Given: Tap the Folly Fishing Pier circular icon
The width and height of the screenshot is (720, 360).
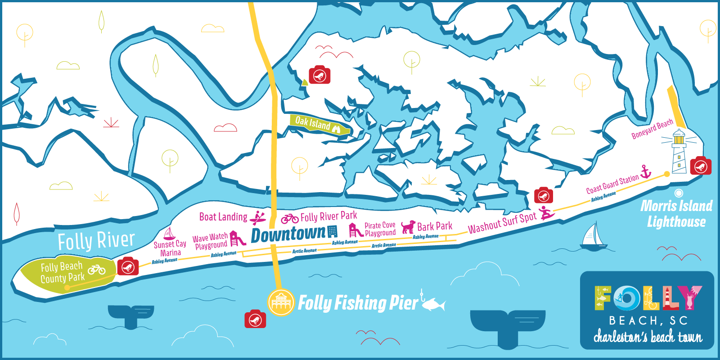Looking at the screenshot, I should pos(281,302).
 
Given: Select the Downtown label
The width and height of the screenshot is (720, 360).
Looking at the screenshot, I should pos(288,234).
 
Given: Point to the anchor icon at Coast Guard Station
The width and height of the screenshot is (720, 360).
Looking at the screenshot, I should pos(646,171).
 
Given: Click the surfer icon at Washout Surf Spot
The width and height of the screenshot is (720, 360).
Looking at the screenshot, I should pos(546,212).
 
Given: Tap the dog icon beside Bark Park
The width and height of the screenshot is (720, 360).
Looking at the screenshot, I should pos(408,226).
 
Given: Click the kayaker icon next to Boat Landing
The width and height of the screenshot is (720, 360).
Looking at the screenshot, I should pos(258,218).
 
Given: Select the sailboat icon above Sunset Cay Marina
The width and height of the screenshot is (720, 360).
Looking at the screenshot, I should pos(169,234).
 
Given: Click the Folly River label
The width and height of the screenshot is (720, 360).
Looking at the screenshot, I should pos(96,241).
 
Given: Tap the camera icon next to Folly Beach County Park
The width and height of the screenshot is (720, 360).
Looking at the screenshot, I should pos(128,267).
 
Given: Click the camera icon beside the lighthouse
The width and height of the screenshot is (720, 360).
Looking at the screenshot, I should pos(701,166).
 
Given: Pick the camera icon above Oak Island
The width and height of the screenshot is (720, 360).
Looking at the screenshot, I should pos(319,75).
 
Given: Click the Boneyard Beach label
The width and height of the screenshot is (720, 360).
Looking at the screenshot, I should pos(652,129).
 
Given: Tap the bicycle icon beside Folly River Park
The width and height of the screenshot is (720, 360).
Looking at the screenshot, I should pos(290,219).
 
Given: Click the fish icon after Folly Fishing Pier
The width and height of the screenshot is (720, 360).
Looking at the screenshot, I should pos(433,304).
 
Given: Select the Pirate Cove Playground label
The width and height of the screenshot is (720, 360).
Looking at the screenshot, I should pos(380,229).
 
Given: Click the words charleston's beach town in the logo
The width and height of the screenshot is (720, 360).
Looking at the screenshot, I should pos(648,336).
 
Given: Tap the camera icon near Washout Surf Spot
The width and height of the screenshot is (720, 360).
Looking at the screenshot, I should pos(544,196).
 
